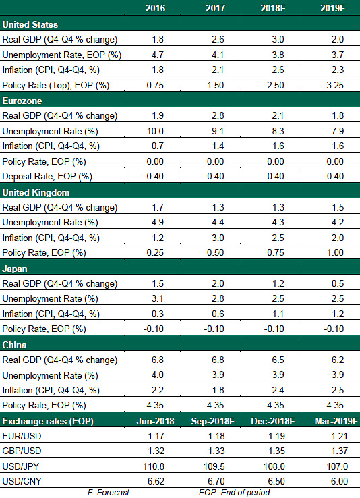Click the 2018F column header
(273, 8)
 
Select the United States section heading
(30, 24)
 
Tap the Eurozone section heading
(22, 101)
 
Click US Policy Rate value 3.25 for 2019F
(335, 85)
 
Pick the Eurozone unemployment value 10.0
(155, 131)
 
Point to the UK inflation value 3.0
(218, 238)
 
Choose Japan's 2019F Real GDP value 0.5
(338, 283)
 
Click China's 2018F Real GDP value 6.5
(278, 360)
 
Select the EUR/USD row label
(22, 436)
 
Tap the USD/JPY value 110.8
(154, 466)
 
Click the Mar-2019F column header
(336, 421)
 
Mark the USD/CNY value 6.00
(339, 481)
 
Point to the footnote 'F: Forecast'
(109, 493)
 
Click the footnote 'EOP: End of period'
(235, 493)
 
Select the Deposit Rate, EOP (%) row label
(47, 176)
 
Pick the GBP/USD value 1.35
(276, 451)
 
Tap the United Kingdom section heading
(36, 192)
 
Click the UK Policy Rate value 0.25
(155, 252)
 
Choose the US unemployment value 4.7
(157, 55)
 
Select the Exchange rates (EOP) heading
(48, 421)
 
